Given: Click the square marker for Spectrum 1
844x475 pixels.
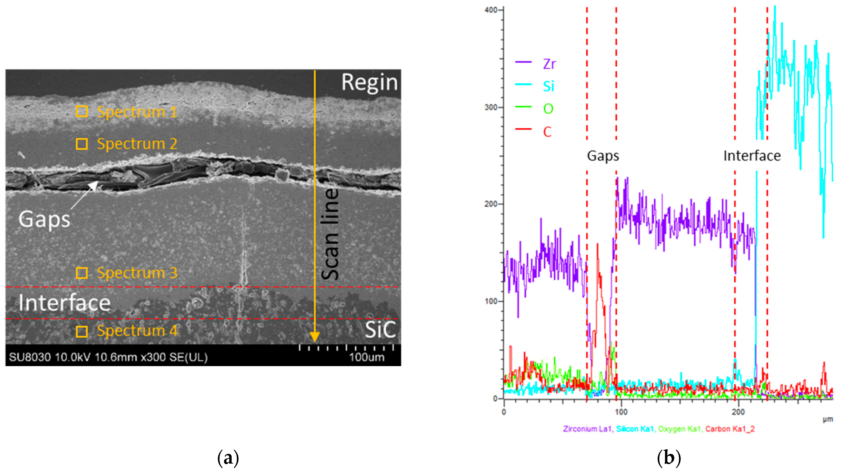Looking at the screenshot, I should point(82,112).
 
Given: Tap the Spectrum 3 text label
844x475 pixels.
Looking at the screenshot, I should point(137,273).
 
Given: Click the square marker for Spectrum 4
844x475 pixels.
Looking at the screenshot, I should point(82,331).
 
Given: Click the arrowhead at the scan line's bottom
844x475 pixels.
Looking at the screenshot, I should point(315,337).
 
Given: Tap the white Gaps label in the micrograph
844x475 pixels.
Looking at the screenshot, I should point(44,219).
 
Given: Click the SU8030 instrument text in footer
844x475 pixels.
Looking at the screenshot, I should point(29,357).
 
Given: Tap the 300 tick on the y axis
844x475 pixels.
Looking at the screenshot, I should point(491,107).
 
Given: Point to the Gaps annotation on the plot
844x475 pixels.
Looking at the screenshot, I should point(603,156).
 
